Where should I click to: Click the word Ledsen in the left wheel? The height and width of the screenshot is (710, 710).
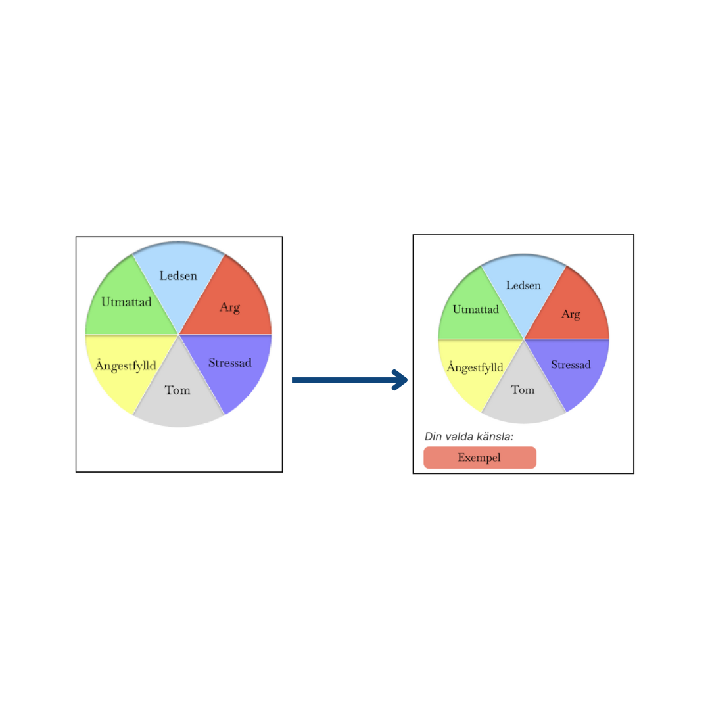(178, 276)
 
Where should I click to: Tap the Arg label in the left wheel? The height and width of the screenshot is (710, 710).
(229, 307)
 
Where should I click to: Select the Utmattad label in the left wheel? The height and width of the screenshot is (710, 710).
(126, 302)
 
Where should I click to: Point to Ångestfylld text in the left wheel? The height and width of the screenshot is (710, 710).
(126, 366)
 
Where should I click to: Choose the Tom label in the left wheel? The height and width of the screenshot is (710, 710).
(177, 390)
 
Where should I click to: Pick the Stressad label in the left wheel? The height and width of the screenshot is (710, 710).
(229, 362)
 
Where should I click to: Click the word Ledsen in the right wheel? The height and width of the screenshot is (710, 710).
(523, 285)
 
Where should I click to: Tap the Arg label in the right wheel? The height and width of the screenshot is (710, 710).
(571, 314)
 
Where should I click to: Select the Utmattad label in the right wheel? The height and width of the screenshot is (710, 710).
(475, 309)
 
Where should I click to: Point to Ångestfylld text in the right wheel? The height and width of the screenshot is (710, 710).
(475, 367)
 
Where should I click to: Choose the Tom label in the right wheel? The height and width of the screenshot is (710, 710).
(523, 390)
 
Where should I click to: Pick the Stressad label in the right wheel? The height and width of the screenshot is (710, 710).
(571, 365)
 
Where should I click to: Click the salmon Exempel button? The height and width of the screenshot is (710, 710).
(479, 458)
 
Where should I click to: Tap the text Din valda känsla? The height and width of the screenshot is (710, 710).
(469, 436)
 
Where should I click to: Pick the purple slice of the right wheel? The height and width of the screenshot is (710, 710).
(579, 381)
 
